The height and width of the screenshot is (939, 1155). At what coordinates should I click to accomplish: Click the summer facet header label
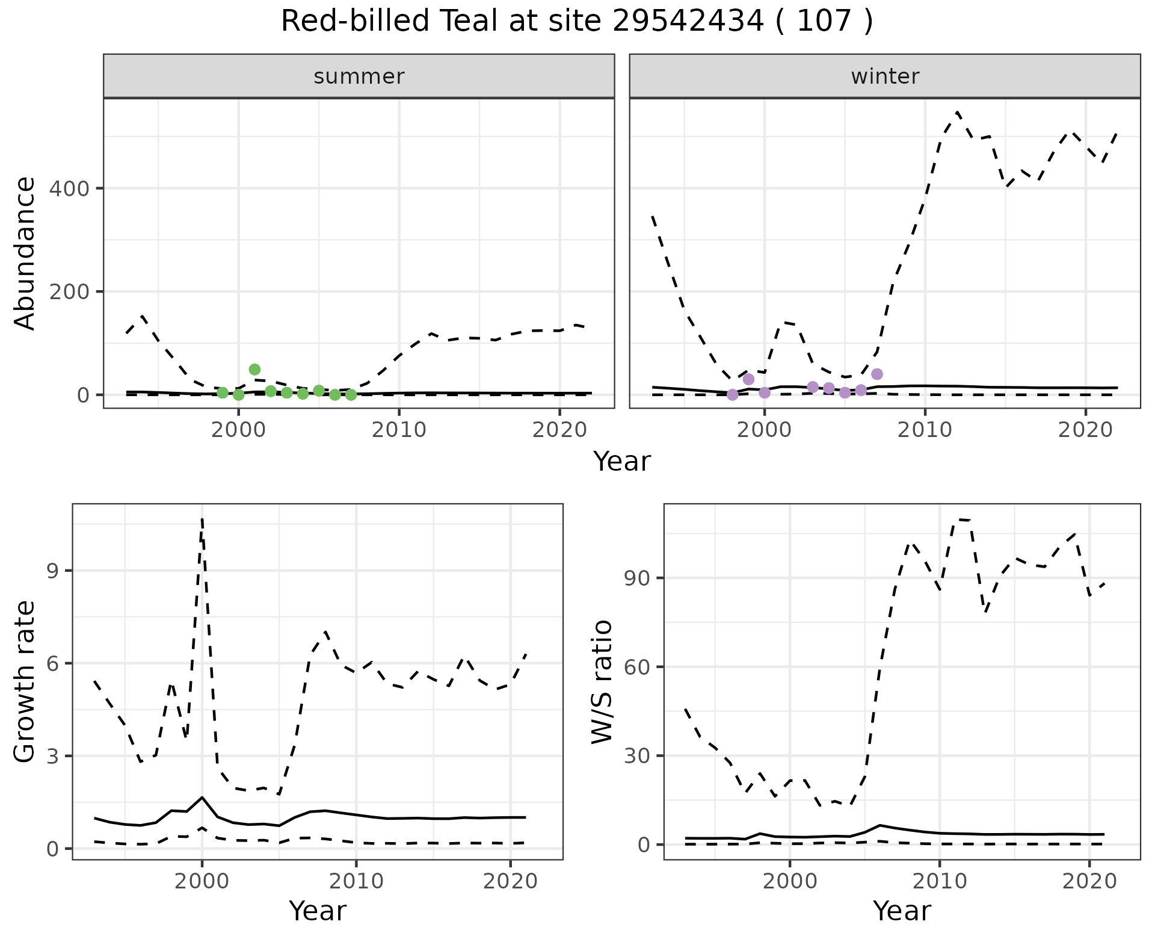pyautogui.click(x=359, y=76)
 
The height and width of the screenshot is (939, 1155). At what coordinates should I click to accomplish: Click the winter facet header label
pyautogui.click(x=885, y=76)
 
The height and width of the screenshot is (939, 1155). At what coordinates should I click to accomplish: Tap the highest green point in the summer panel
pyautogui.click(x=254, y=370)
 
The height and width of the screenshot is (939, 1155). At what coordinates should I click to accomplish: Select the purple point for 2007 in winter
pyautogui.click(x=877, y=374)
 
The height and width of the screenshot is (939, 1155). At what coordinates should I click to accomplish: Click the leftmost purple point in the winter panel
pyautogui.click(x=732, y=395)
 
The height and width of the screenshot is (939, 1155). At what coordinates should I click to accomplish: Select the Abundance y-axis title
pyautogui.click(x=25, y=253)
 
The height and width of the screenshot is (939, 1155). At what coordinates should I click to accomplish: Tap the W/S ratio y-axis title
pyautogui.click(x=602, y=682)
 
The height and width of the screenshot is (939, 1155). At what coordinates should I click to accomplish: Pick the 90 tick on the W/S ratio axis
pyautogui.click(x=637, y=578)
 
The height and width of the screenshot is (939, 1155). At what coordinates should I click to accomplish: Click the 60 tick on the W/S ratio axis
pyautogui.click(x=637, y=668)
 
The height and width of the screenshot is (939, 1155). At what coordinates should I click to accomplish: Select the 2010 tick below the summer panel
pyautogui.click(x=399, y=430)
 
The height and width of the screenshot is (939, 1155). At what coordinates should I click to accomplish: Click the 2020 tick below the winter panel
pyautogui.click(x=1085, y=430)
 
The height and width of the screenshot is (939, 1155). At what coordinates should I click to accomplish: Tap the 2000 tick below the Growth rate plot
pyautogui.click(x=202, y=882)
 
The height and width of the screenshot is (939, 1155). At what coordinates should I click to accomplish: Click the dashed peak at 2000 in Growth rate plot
pyautogui.click(x=202, y=519)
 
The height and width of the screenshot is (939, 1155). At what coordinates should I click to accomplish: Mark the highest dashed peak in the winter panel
pyautogui.click(x=957, y=112)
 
